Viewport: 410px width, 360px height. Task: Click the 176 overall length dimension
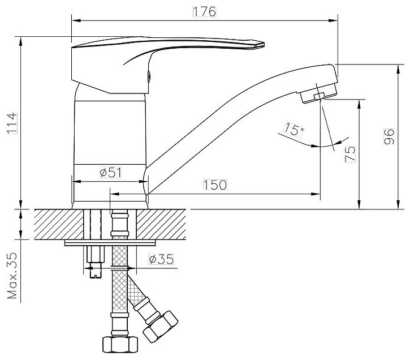pos(204,12)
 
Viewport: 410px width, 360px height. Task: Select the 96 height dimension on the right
pos(388,136)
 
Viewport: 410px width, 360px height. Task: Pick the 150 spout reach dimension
pos(215,185)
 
